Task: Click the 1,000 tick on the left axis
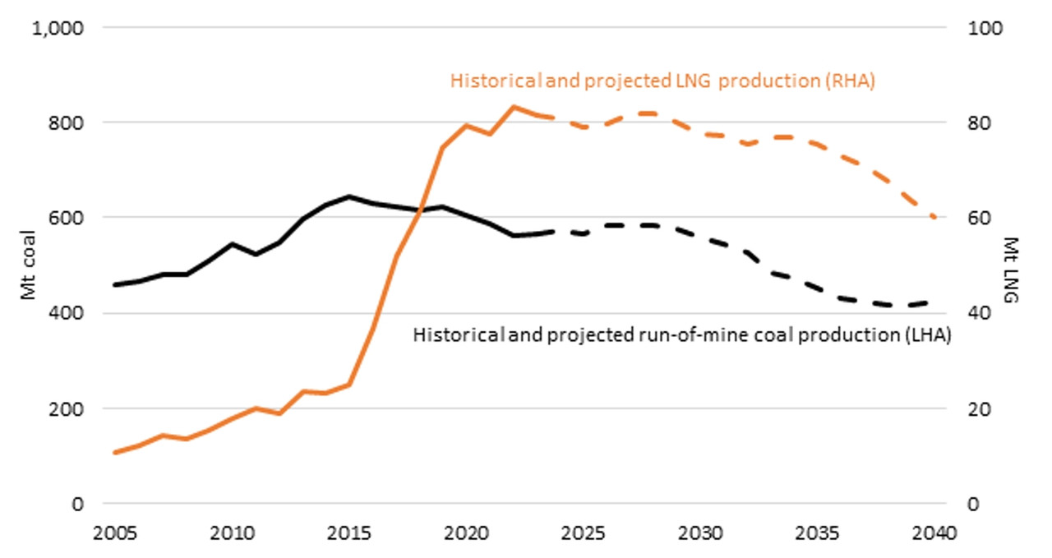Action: click(x=58, y=29)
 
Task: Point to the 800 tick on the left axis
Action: click(x=66, y=123)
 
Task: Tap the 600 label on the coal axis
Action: click(x=66, y=219)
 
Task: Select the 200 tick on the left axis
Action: click(x=66, y=409)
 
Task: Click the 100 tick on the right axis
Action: click(x=985, y=29)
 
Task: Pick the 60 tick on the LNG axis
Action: click(x=980, y=219)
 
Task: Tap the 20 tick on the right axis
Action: click(x=980, y=409)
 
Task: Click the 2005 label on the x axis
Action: click(x=115, y=533)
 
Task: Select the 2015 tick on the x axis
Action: click(x=349, y=533)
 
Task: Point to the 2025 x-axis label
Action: click(x=583, y=533)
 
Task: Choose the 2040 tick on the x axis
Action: click(x=934, y=533)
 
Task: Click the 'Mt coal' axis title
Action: click(x=28, y=265)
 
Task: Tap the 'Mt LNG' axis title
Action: click(x=1011, y=270)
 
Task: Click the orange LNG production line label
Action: click(x=662, y=81)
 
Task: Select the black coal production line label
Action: click(x=682, y=335)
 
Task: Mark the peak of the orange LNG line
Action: click(x=514, y=107)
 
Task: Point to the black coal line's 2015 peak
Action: click(x=349, y=196)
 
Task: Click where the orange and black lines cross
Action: click(x=419, y=210)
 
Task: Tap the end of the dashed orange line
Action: click(x=934, y=218)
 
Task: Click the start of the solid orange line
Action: click(x=115, y=453)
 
